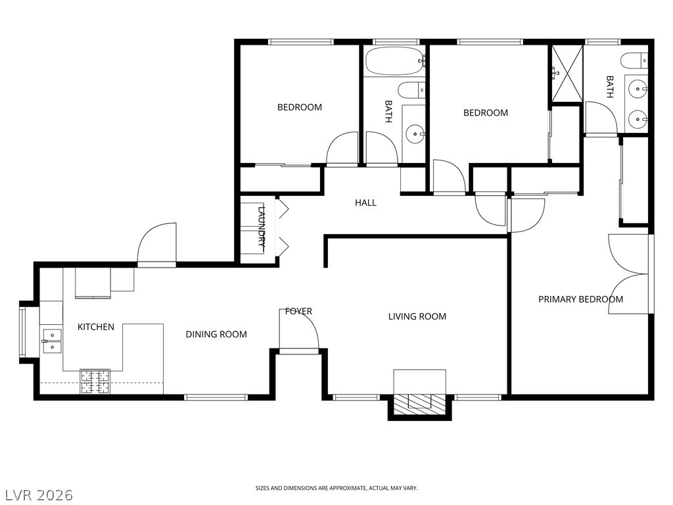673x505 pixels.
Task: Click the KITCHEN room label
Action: [x=96, y=327]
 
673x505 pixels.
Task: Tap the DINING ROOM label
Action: [x=216, y=334]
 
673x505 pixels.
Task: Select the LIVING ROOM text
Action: [x=417, y=316]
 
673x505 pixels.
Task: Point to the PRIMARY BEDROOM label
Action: [x=581, y=299]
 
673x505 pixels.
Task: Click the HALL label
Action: [x=365, y=203]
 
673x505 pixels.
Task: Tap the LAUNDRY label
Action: [x=261, y=229]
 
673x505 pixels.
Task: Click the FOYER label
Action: [x=299, y=311]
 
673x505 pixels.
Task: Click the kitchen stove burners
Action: [x=95, y=382]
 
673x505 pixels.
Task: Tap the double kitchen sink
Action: [x=51, y=340]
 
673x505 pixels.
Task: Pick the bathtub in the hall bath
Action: [x=395, y=61]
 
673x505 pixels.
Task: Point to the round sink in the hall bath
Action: [x=415, y=133]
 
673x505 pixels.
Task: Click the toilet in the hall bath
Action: [x=411, y=90]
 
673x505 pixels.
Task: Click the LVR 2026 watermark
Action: [x=37, y=494]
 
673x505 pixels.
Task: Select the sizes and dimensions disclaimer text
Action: [x=336, y=488]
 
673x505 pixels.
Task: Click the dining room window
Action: [x=216, y=398]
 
